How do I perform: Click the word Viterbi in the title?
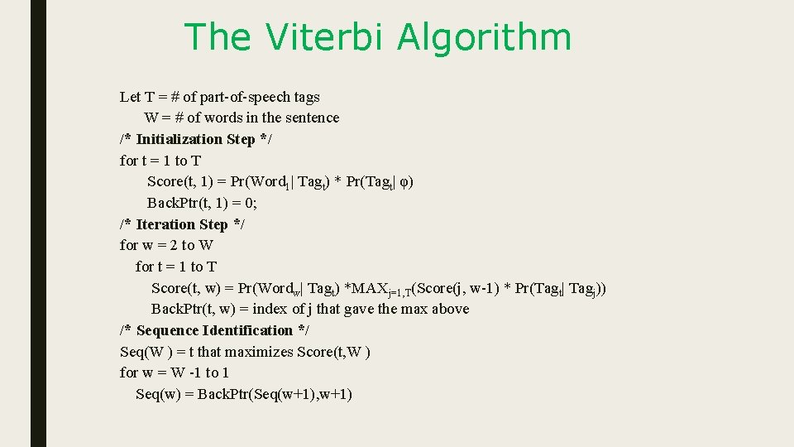point(327,38)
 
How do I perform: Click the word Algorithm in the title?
point(484,38)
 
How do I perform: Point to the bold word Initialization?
point(179,139)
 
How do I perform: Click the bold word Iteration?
point(165,224)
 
